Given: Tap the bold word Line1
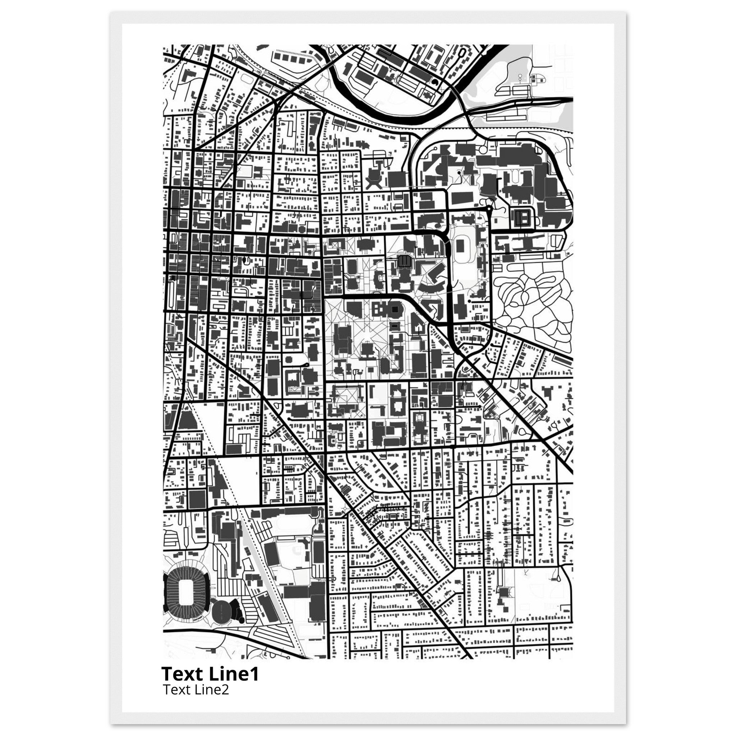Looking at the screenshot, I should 234,673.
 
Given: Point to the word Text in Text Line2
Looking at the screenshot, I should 175,690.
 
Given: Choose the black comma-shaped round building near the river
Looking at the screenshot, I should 435,82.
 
